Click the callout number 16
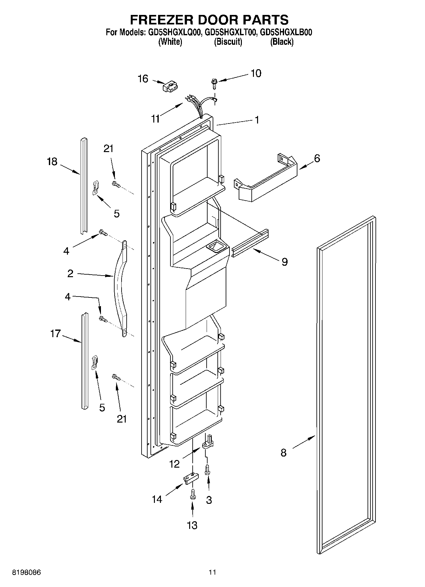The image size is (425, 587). pos(143,78)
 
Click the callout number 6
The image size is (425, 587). pos(317,158)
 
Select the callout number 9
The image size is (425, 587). pos(284,262)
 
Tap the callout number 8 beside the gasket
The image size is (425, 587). pos(283,452)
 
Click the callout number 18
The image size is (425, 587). pos(52,162)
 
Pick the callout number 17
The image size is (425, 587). pos(55,334)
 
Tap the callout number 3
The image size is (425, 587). pos(209,500)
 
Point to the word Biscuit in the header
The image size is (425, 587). pos(228,42)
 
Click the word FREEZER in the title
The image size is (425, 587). pos(161,20)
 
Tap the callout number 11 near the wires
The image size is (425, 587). pos(155,119)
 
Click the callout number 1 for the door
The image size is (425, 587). pos(257,120)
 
